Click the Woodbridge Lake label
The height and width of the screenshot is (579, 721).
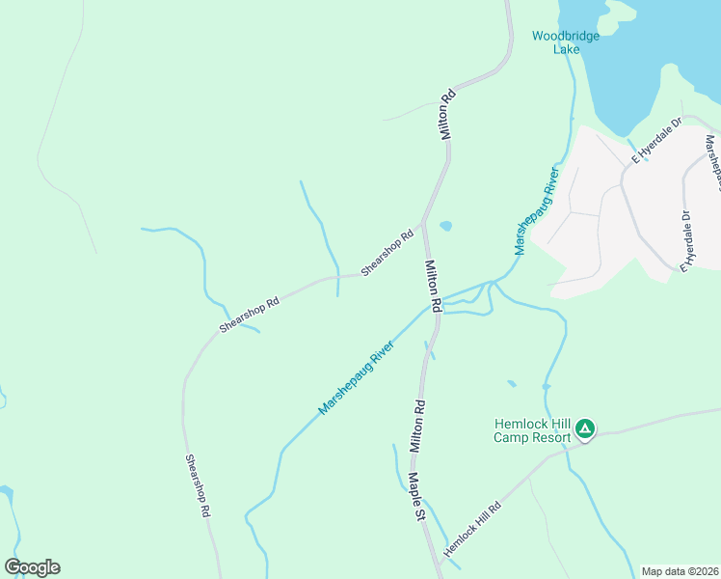(566, 42)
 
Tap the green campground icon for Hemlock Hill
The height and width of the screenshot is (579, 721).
(584, 428)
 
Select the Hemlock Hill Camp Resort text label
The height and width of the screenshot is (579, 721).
(533, 430)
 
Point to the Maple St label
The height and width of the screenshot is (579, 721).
(416, 497)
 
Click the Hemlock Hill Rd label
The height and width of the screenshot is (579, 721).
(472, 528)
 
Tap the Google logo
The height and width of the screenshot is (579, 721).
(32, 567)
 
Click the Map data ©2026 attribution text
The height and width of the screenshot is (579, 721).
(680, 571)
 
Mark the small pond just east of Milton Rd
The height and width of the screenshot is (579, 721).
(445, 227)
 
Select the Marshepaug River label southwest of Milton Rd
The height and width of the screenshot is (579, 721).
(357, 377)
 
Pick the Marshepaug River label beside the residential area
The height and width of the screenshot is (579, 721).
(537, 211)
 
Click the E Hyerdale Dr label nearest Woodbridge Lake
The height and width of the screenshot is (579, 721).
(656, 140)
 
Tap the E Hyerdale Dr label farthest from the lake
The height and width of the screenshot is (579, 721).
(688, 240)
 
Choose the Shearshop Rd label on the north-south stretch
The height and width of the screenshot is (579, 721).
(199, 487)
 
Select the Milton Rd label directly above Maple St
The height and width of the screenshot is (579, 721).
(416, 427)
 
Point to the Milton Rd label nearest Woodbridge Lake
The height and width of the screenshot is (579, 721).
(447, 116)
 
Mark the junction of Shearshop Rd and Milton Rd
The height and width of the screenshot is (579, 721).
(421, 224)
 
